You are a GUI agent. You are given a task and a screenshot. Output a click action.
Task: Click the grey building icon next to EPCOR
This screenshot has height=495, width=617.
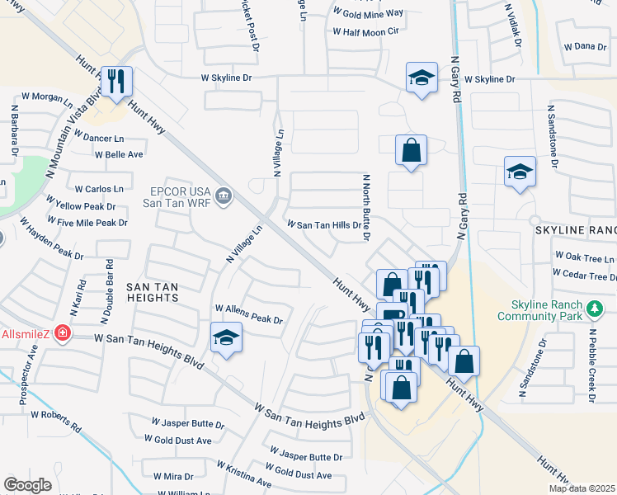tap(224, 196)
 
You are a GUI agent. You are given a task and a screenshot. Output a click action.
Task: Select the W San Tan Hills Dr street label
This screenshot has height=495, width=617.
tap(324, 224)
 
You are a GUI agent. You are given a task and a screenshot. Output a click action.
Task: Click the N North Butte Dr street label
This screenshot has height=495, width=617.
tap(365, 208)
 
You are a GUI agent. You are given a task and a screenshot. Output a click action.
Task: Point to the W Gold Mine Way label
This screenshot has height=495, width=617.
tap(368, 13)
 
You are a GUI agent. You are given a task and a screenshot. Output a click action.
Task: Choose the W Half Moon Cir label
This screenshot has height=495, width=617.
tap(365, 31)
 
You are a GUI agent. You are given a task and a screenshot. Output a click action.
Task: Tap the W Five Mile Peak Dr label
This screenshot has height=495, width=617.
tap(87, 223)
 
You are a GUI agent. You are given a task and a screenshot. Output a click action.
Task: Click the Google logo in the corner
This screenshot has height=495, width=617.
tap(27, 485)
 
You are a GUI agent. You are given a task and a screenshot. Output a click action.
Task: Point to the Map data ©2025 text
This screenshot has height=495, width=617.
tap(582, 488)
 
